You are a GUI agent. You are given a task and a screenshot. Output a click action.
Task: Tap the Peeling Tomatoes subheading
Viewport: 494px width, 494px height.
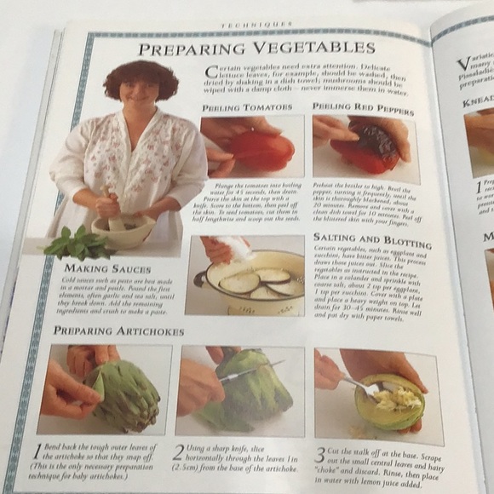point(247,108)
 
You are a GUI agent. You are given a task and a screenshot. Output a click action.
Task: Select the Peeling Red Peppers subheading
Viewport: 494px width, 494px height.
point(362,109)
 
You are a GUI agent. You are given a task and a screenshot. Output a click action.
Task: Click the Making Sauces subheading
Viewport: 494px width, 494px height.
point(96,269)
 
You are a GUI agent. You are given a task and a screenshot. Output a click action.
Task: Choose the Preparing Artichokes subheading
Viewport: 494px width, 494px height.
point(118,330)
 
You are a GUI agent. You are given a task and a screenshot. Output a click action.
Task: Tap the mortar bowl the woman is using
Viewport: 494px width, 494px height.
point(124,230)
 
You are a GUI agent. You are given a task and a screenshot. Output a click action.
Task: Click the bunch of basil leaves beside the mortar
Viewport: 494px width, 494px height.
point(77,244)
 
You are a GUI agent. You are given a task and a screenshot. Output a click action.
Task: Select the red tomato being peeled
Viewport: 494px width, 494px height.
point(260,150)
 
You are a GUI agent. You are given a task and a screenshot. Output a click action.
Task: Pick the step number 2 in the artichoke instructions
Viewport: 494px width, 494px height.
point(177,453)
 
